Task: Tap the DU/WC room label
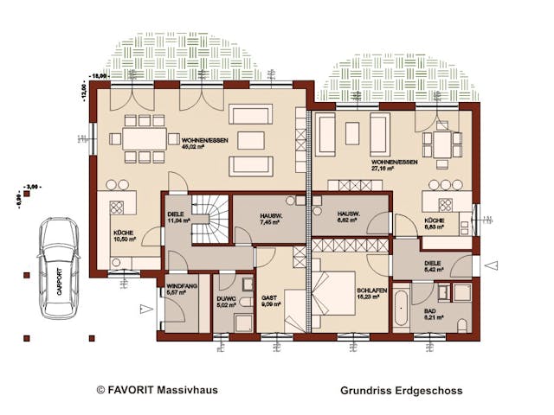(225, 300)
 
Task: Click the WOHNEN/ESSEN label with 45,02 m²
(205, 144)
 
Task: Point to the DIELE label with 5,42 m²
(435, 265)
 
